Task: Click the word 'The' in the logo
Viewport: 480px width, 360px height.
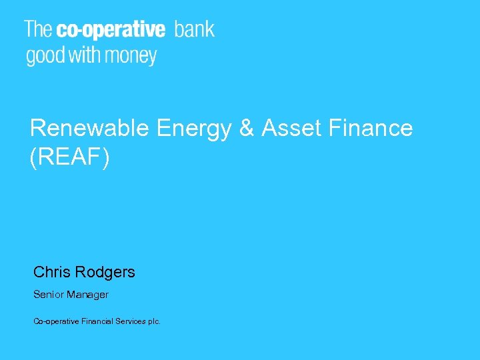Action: [x=39, y=29]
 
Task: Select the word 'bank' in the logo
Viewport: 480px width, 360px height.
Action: [x=195, y=29]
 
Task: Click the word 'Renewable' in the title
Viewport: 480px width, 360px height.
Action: [x=91, y=128]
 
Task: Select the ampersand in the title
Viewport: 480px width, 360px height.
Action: [x=247, y=128]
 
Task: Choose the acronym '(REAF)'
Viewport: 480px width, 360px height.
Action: [x=69, y=158]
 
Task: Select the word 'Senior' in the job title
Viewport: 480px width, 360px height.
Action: [x=48, y=295]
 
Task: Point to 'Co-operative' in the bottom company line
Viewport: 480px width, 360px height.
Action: [x=57, y=322]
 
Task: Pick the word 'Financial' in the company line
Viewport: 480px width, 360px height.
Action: [x=97, y=321]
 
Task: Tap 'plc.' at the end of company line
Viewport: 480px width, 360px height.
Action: [x=154, y=322]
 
